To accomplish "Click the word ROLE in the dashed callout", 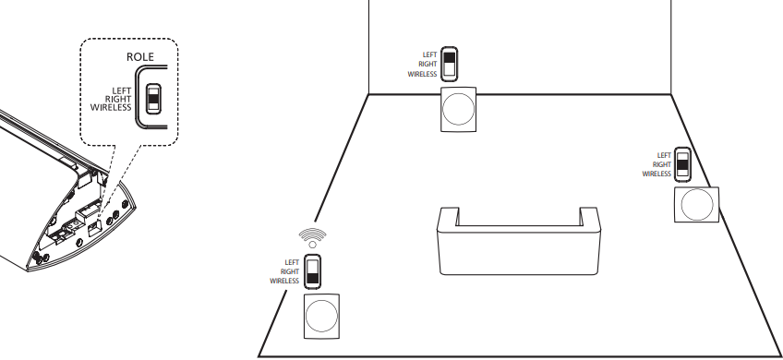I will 141,57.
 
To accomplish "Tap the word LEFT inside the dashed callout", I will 122,90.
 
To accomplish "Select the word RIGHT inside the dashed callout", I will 120,100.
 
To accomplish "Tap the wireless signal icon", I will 312,234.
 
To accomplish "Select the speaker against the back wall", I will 459,110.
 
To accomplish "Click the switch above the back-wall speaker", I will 450,64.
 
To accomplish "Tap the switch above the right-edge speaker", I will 683,164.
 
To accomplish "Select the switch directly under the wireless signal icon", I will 313,270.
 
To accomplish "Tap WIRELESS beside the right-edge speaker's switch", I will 656,174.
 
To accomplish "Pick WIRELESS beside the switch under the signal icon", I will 284,280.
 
